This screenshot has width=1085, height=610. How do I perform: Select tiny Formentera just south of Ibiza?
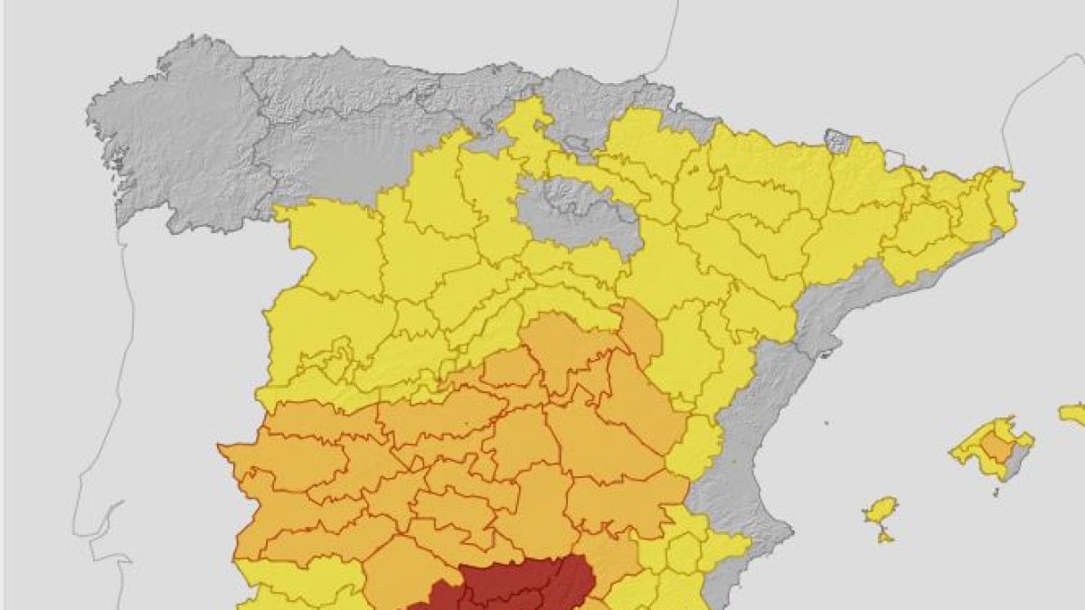(x=885, y=538)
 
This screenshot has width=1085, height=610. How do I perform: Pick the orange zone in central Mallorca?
(x=996, y=446)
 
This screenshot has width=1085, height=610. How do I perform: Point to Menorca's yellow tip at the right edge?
(x=1073, y=414)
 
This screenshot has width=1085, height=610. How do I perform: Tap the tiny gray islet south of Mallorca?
(x=995, y=493)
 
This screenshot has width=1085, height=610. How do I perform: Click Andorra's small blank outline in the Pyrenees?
(x=893, y=160)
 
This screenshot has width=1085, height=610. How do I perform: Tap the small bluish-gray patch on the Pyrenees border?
(x=837, y=141)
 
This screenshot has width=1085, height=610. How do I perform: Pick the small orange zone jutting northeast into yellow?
(x=641, y=331)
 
